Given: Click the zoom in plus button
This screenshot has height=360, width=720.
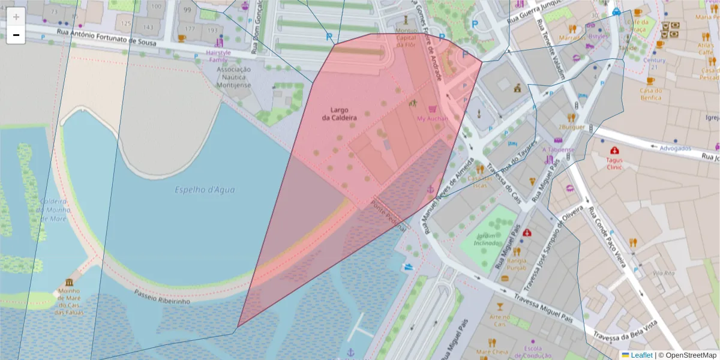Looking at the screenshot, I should tap(16, 17).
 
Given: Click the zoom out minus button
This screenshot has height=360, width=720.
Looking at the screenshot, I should tap(16, 35).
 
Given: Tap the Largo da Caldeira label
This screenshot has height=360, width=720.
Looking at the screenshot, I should tap(339, 114).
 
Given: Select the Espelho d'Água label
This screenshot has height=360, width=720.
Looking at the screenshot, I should tap(205, 190).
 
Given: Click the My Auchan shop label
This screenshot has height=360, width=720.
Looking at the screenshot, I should tap(433, 118).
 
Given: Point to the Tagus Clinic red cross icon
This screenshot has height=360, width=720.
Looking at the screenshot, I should tap(614, 151).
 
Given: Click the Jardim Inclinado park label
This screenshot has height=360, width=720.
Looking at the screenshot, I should tap(487, 239).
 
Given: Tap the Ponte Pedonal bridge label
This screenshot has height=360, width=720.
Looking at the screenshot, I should tap(389, 214).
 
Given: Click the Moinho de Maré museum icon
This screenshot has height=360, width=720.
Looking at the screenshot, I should tap(70, 283).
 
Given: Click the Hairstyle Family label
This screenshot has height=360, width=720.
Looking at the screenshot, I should tap(218, 56).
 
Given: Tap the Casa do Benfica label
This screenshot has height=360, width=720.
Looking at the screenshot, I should tap(650, 94).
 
